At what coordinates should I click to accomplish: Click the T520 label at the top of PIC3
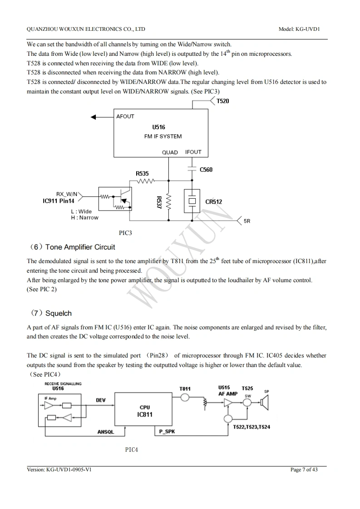222,101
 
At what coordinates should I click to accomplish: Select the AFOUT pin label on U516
125,117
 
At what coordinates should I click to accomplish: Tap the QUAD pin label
170,152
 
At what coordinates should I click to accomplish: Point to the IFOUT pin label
193,152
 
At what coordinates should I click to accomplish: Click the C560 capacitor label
206,170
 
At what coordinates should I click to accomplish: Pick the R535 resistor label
142,173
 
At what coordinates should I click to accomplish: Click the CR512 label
213,202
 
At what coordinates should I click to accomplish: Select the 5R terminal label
247,221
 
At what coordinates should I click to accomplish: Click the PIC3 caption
125,233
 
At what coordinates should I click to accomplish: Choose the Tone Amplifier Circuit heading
80,247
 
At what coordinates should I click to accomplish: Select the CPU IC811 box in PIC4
145,411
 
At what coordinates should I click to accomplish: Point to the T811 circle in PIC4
185,397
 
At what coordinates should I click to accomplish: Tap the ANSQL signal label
106,432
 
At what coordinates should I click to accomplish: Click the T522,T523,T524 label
251,427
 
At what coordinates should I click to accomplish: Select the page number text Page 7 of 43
304,470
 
